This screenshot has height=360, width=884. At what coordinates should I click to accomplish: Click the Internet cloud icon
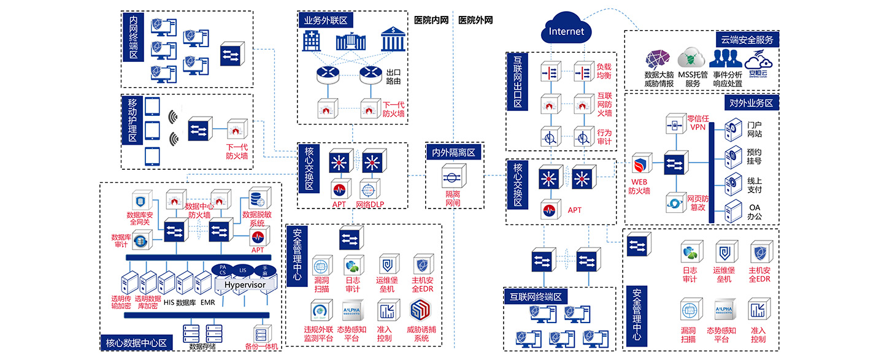coord(566,30)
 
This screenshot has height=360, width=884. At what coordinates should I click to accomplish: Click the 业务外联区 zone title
coord(326,21)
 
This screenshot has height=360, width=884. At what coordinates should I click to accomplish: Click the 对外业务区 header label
coord(751,102)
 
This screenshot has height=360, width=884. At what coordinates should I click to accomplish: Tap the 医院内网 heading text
coord(431,20)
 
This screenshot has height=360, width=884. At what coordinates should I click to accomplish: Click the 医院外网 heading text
coord(475,20)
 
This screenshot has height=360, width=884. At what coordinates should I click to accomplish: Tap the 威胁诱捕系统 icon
coord(422,312)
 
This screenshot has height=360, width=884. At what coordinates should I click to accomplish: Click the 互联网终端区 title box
coord(536,297)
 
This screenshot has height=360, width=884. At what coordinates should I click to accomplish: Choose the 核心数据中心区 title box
coord(136,343)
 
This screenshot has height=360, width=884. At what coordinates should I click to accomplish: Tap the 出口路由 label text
coord(393,76)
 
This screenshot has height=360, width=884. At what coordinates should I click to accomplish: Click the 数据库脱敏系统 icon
coord(256,199)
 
